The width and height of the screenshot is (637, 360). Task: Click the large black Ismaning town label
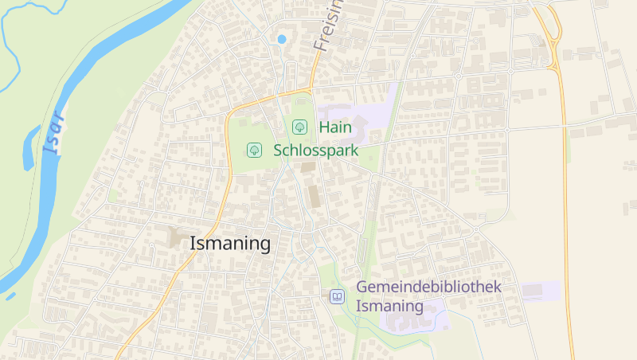tap(230, 244)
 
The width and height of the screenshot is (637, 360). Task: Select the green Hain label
tap(335, 127)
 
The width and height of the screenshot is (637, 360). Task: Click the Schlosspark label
tap(315, 150)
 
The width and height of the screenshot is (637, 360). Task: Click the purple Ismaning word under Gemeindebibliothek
tap(389, 306)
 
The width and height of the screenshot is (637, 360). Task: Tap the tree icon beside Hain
tap(299, 127)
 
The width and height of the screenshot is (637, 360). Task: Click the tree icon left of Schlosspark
tap(254, 150)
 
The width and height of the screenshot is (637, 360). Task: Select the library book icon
tap(338, 296)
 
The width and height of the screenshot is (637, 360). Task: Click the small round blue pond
tap(281, 38)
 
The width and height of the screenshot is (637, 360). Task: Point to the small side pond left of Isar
tap(30, 147)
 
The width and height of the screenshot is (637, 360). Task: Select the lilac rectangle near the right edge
tap(541, 291)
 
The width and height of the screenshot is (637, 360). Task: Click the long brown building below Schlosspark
tap(314, 196)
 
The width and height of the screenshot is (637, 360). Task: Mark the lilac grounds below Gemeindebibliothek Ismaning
tap(414, 319)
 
